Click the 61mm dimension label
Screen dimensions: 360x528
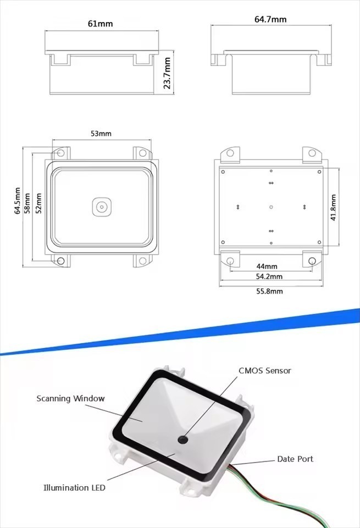[100, 24]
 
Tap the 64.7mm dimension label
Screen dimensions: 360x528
[270, 19]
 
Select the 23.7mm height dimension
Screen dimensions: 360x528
[167, 73]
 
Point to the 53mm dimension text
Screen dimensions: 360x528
[101, 134]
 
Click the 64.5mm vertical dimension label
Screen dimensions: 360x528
[18, 202]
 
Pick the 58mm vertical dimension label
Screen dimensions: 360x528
[28, 203]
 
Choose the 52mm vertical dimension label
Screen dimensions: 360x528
[38, 203]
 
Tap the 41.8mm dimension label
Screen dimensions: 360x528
[333, 207]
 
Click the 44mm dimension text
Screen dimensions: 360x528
[267, 266]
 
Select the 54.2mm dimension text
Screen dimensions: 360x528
[269, 277]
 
